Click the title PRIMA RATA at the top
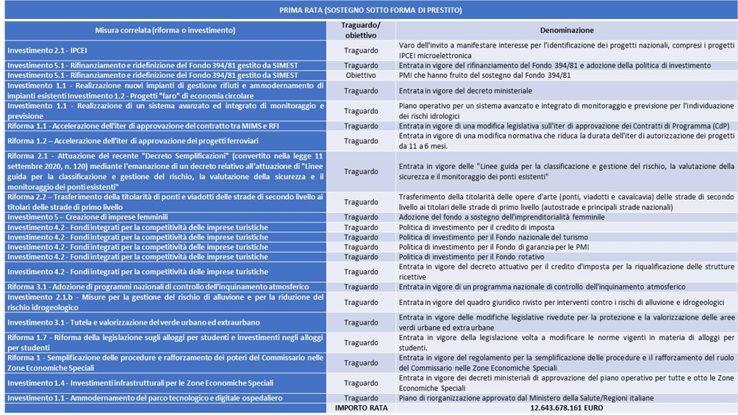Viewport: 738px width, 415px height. coord(370,10)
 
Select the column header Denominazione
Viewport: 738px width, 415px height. coord(567,30)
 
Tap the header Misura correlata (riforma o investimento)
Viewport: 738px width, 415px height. coord(165,30)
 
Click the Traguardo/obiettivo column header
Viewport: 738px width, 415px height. coord(361,30)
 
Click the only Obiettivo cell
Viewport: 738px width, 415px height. coord(361,75)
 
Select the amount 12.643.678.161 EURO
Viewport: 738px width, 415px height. coord(567,407)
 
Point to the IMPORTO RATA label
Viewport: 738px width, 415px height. coord(361,407)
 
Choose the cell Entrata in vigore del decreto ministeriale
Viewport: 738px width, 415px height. coord(465,90)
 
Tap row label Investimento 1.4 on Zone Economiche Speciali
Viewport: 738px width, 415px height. coord(140,383)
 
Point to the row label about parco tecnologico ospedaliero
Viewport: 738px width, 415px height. coord(145,397)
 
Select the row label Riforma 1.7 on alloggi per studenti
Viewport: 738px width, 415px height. coord(165,342)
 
